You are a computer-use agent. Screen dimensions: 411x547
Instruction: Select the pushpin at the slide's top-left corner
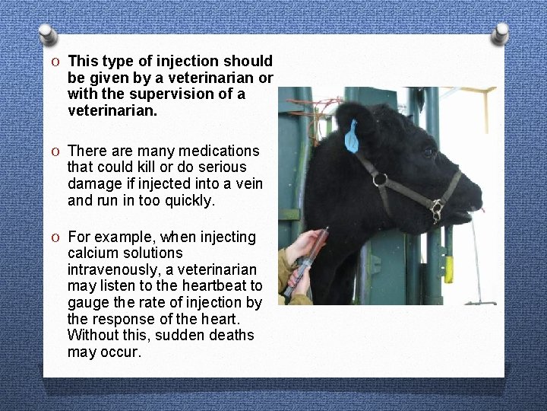point(47,33)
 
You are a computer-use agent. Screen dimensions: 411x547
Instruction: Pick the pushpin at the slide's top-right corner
point(499,33)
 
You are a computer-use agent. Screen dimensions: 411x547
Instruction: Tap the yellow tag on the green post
point(448,268)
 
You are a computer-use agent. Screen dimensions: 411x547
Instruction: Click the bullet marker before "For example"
point(57,237)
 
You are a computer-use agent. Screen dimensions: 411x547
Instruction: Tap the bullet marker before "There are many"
point(57,151)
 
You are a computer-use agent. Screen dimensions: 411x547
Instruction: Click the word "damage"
point(93,183)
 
